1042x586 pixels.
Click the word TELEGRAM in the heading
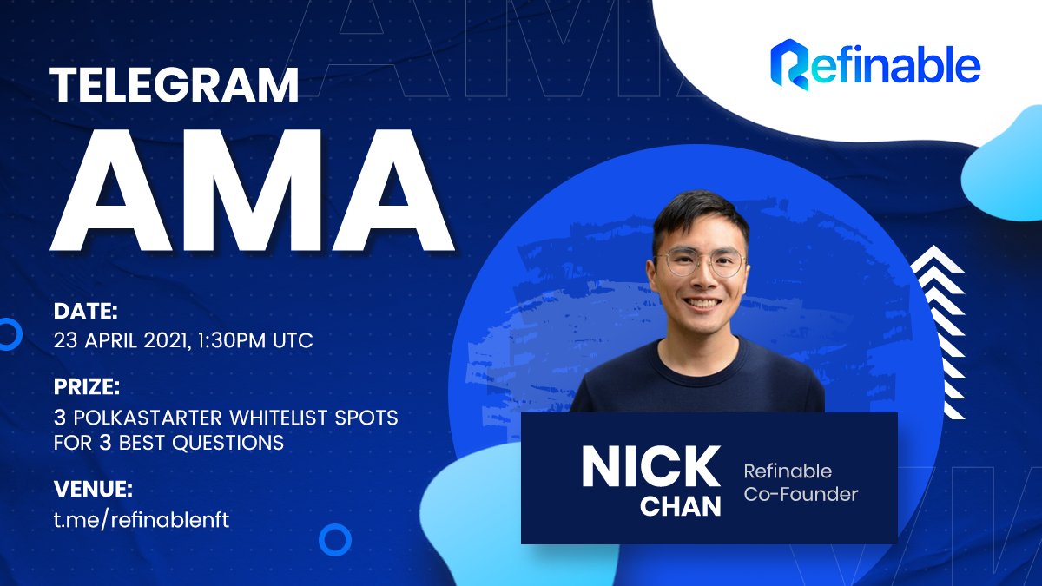pos(174,85)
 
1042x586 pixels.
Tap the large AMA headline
pos(252,190)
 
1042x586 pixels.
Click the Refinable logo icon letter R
pos(790,64)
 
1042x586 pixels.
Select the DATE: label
pos(86,311)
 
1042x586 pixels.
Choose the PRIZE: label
pos(87,386)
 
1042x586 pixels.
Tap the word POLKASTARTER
pos(148,418)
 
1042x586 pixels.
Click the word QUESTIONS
pos(228,442)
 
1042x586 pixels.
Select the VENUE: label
pos(93,490)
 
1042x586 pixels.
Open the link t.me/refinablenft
pos(142,519)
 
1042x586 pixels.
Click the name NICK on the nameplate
pos(650,466)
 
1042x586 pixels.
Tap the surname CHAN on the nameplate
pos(681,506)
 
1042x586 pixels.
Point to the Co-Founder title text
pos(801,494)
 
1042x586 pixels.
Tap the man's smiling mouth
pos(702,303)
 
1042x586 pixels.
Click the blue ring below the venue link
pos(335,524)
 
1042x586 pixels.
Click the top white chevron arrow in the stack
pos(937,260)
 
